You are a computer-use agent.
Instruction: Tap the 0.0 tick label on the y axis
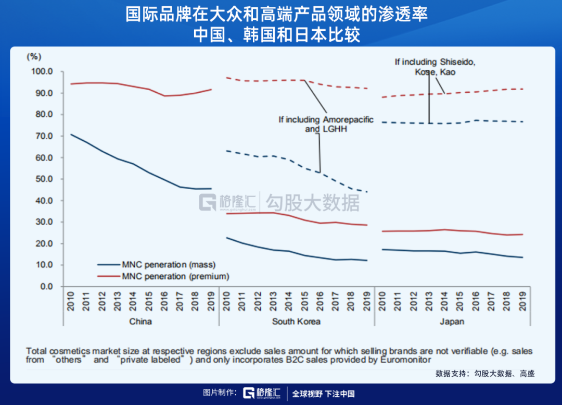46,286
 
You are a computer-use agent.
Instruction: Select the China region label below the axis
140,322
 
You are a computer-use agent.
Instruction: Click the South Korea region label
296,322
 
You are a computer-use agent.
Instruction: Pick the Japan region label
452,322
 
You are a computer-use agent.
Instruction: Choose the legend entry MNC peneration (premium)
175,276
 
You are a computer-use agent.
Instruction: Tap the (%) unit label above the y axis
34,56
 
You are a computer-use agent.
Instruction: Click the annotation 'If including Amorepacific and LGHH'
326,124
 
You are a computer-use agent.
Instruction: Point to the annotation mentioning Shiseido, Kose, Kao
435,67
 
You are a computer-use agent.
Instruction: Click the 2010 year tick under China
71,301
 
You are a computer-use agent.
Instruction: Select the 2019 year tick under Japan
522,301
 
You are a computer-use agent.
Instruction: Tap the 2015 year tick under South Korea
305,301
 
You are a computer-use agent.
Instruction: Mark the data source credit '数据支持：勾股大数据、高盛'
485,373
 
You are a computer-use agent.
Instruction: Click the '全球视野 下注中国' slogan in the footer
323,394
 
